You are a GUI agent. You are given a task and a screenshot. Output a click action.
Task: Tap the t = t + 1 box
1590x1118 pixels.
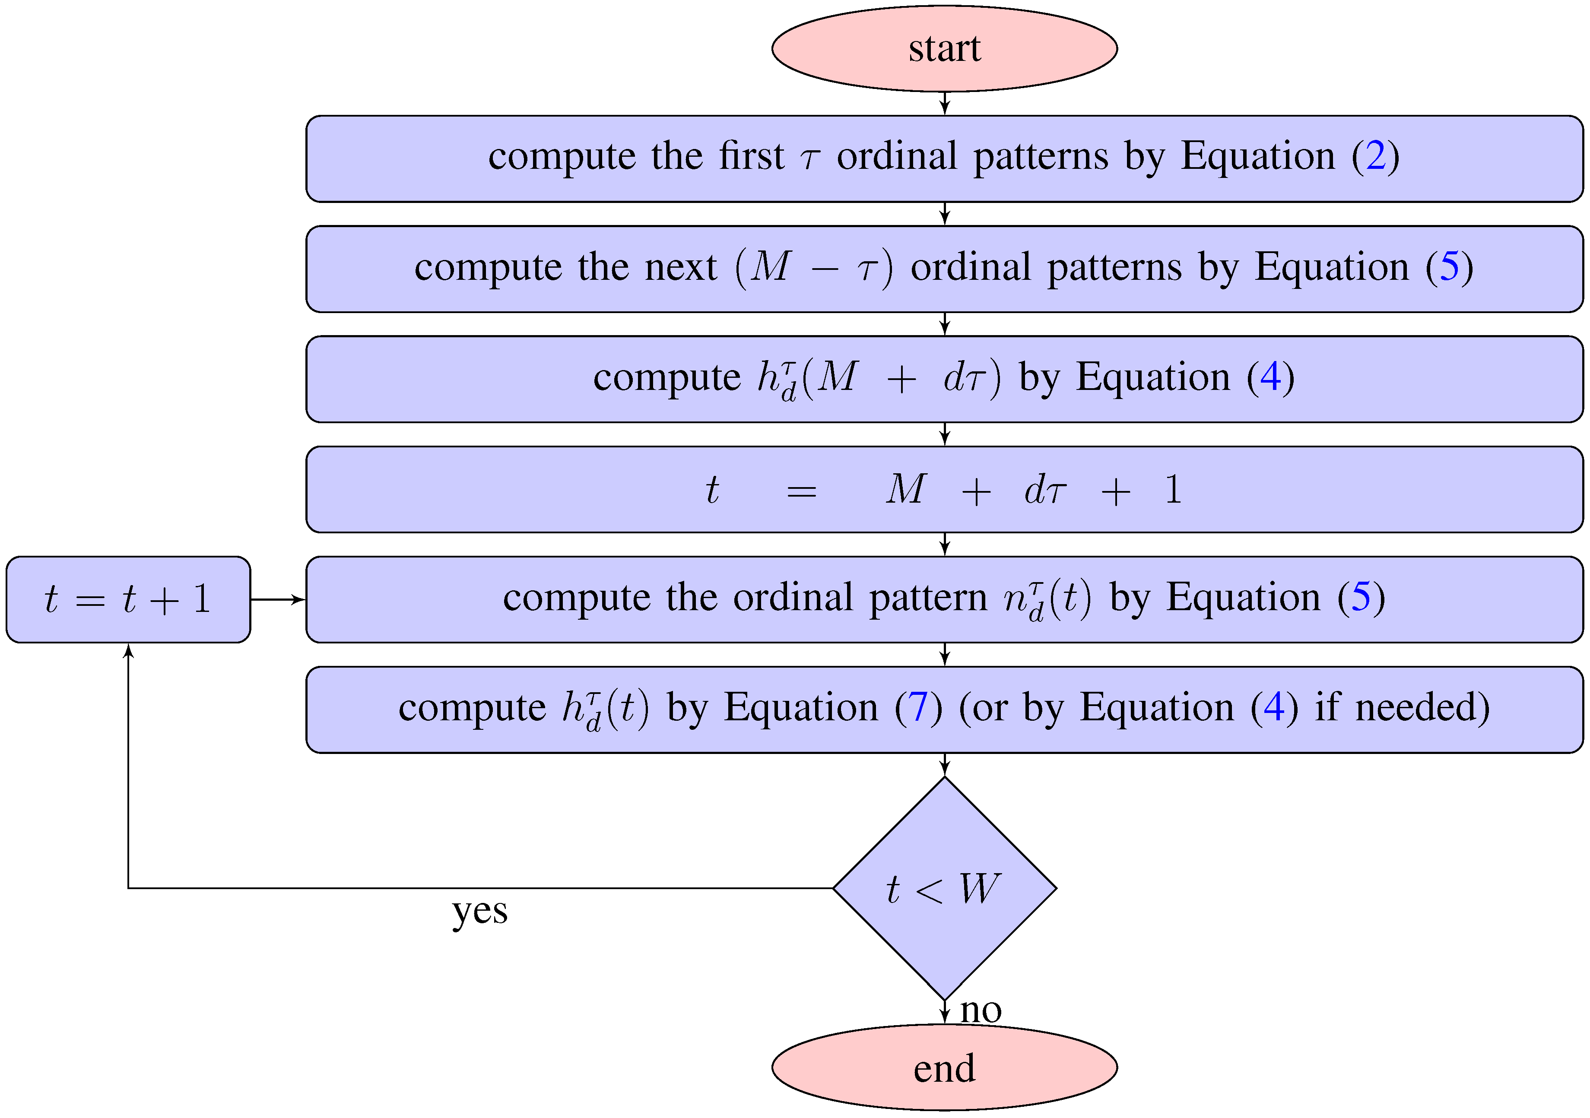128,599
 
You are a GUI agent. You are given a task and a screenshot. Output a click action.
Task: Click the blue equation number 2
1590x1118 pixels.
1375,156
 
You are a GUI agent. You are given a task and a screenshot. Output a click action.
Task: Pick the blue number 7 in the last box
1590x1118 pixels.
918,707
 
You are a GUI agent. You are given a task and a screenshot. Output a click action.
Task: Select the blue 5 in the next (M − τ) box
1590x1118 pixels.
1450,267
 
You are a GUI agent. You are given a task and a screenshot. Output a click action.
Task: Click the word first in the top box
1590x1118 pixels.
751,156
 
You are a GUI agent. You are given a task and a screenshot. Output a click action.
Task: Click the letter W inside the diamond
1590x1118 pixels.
979,888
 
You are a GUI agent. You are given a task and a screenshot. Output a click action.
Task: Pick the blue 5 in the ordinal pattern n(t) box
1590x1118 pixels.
1361,597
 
